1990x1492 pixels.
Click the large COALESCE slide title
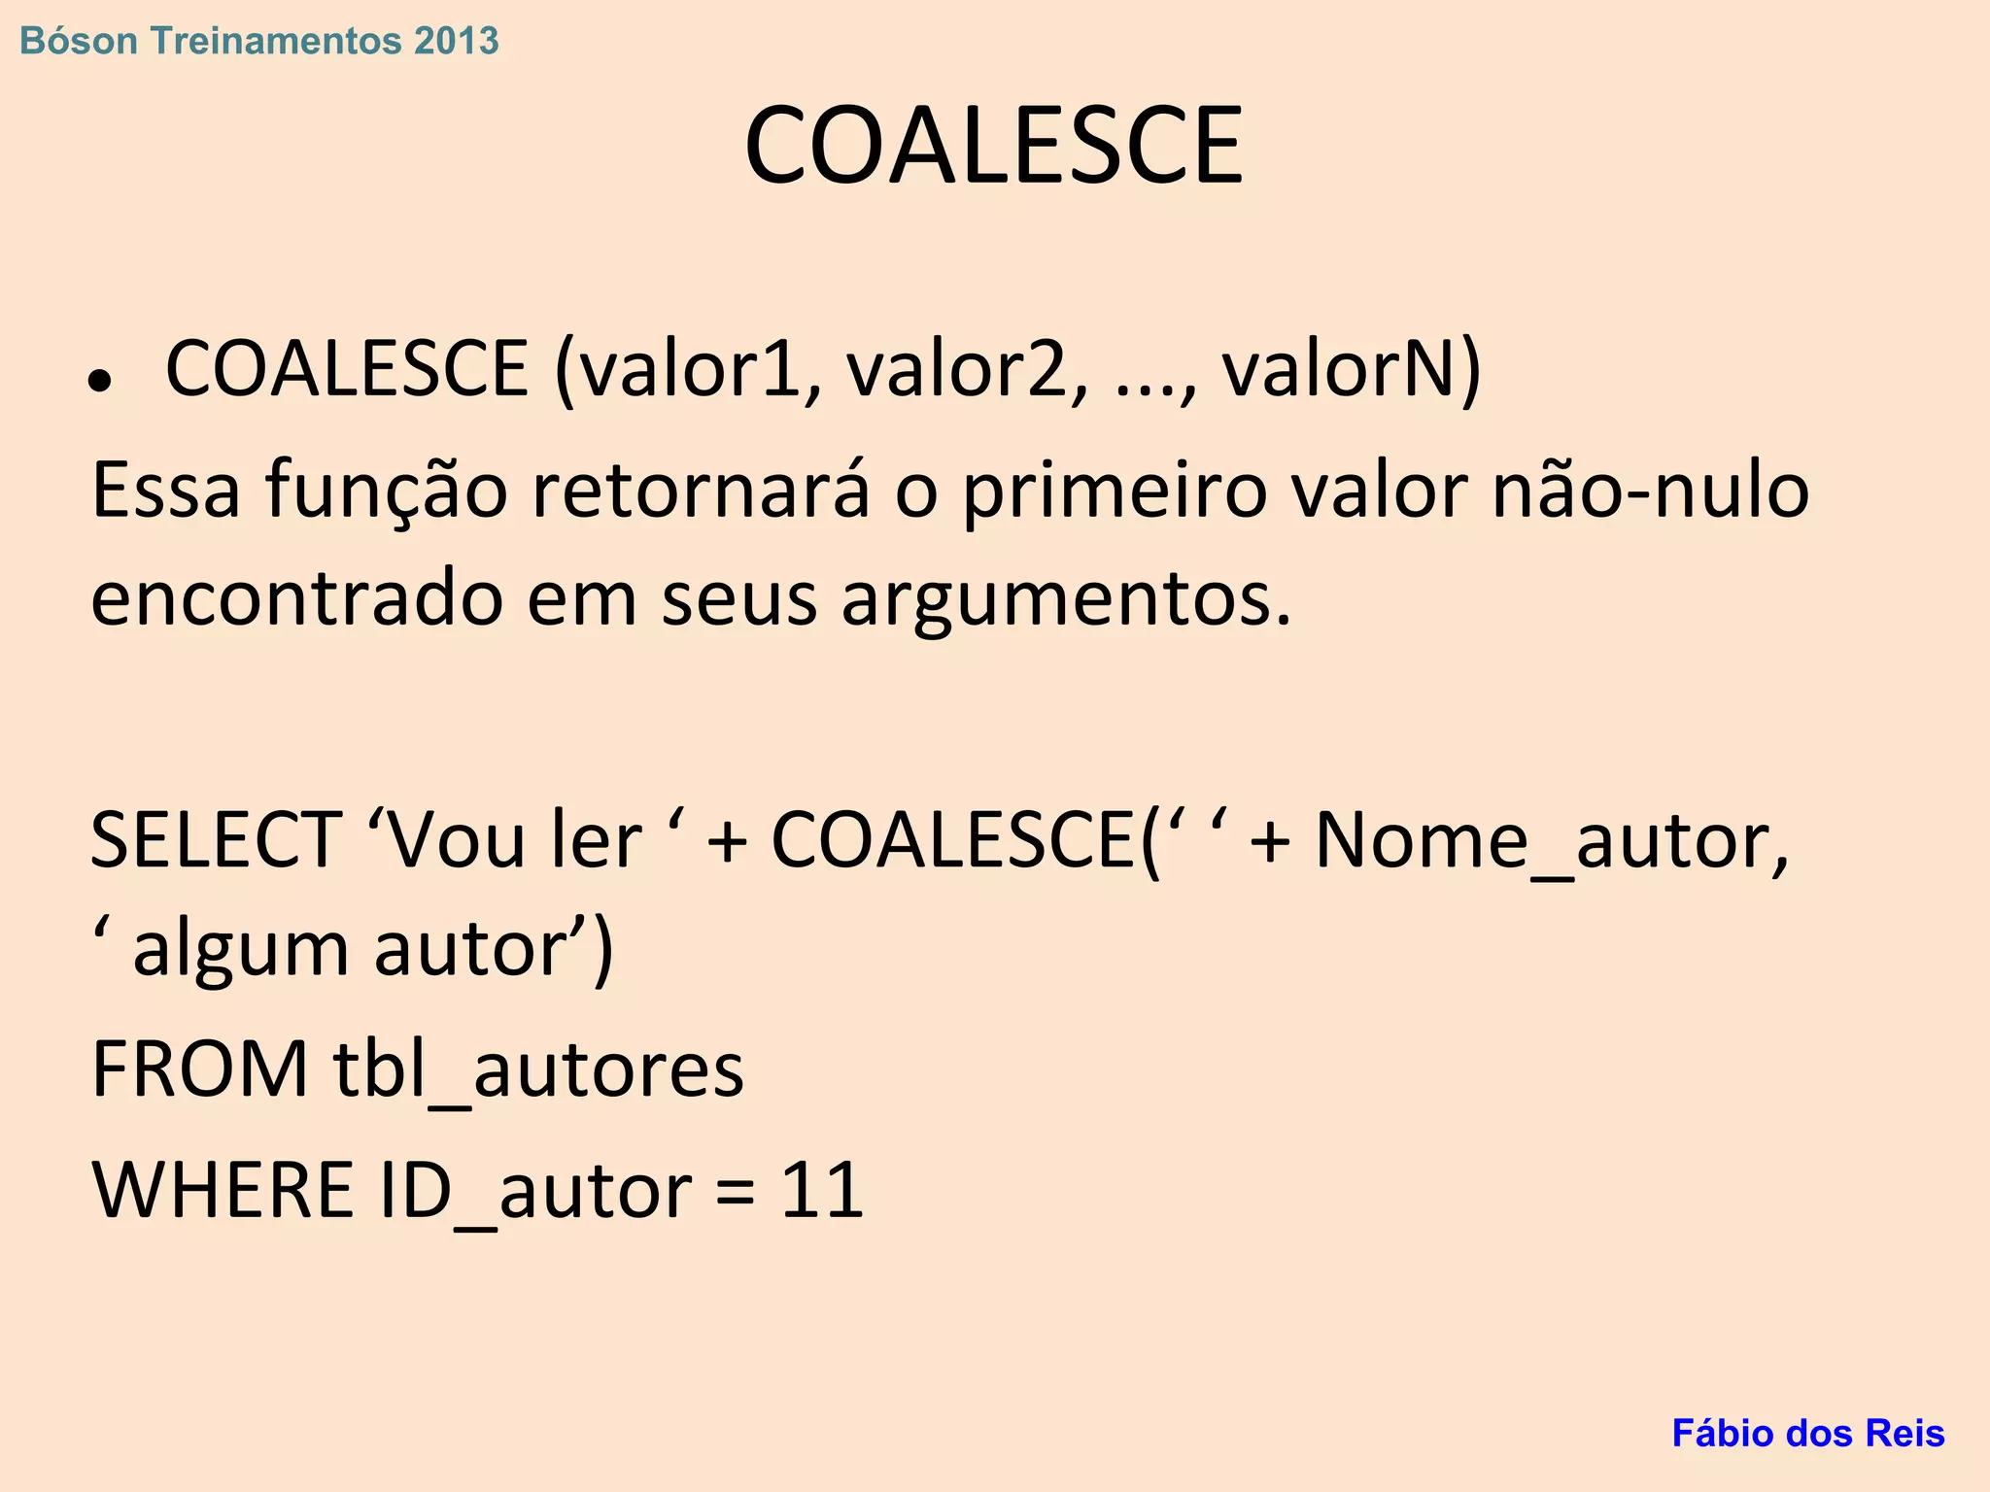point(993,146)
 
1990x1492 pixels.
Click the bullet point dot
point(99,382)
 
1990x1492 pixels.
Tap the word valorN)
point(1351,370)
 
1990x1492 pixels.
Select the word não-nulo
point(1650,491)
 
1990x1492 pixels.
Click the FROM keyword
point(200,1069)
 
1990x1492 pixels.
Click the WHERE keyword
point(223,1190)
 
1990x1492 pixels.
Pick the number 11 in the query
point(822,1190)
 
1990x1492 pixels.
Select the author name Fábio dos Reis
point(1807,1433)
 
